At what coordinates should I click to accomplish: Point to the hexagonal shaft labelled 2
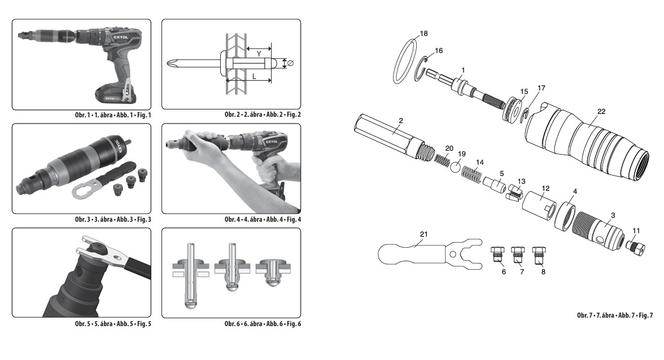(x=390, y=135)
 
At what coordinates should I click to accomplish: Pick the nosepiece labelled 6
(x=498, y=254)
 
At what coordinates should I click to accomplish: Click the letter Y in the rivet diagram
(x=258, y=54)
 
